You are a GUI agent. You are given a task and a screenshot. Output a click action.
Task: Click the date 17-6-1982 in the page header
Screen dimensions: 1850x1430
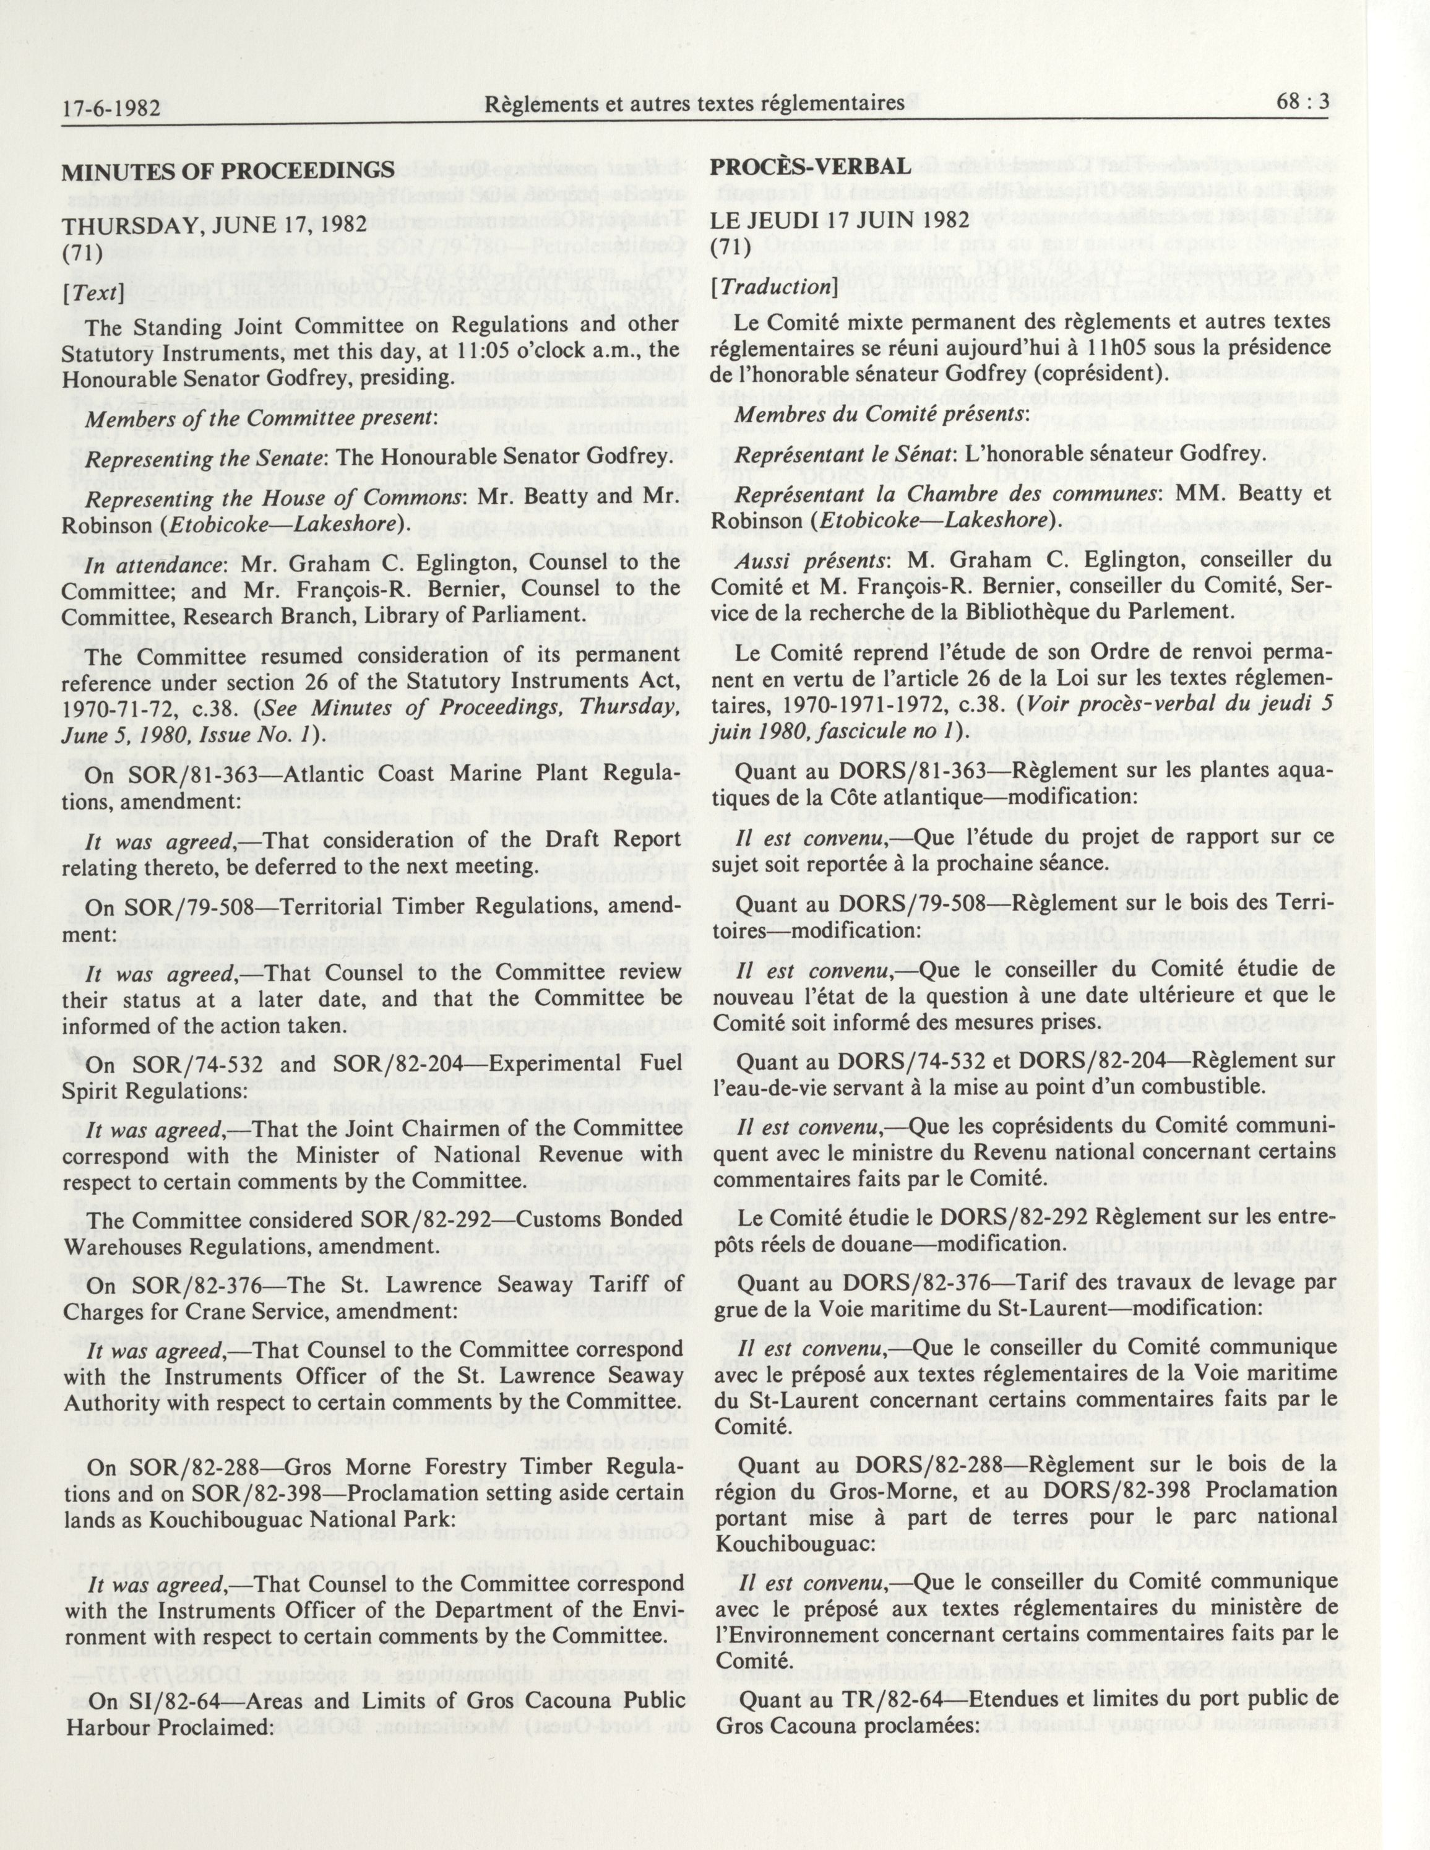[x=112, y=108]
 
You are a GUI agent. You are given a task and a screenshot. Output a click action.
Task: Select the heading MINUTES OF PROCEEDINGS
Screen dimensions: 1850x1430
[x=228, y=170]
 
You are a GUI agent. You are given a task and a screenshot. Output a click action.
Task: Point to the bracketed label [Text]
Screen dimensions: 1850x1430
[x=94, y=292]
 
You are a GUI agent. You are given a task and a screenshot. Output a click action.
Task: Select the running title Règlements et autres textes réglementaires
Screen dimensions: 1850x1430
[x=695, y=103]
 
